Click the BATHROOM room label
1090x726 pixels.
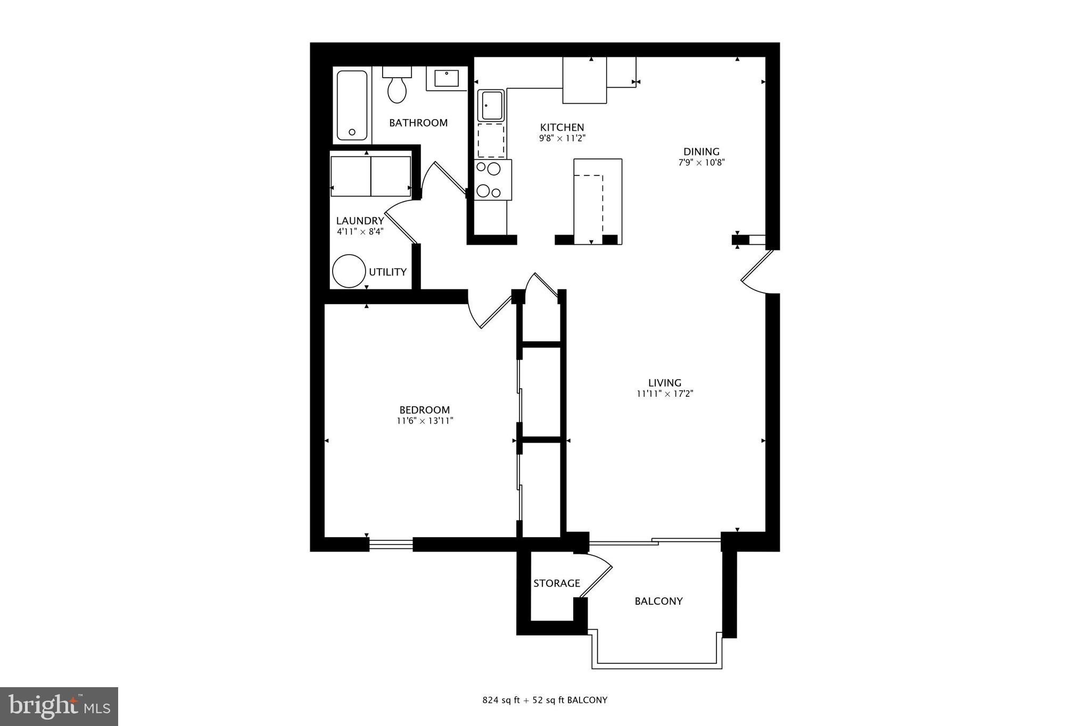point(418,123)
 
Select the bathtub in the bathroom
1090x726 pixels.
point(352,105)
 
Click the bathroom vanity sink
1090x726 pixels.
point(447,79)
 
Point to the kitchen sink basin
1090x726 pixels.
point(491,105)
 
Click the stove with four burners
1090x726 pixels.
point(493,180)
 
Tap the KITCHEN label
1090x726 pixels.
point(562,128)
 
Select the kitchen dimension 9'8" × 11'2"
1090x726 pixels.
point(562,138)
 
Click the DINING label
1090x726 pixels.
point(701,152)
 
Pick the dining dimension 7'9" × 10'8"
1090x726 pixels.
point(701,163)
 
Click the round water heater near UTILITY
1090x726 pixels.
point(349,271)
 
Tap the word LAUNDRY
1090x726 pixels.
point(360,221)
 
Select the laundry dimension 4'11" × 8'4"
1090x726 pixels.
point(360,231)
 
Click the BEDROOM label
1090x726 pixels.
point(425,410)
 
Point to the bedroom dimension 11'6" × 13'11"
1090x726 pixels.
point(425,421)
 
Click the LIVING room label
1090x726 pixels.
point(665,383)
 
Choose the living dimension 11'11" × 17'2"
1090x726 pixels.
point(665,394)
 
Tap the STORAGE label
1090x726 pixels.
point(557,583)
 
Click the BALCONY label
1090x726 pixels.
point(658,601)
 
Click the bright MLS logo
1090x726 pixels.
point(59,706)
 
